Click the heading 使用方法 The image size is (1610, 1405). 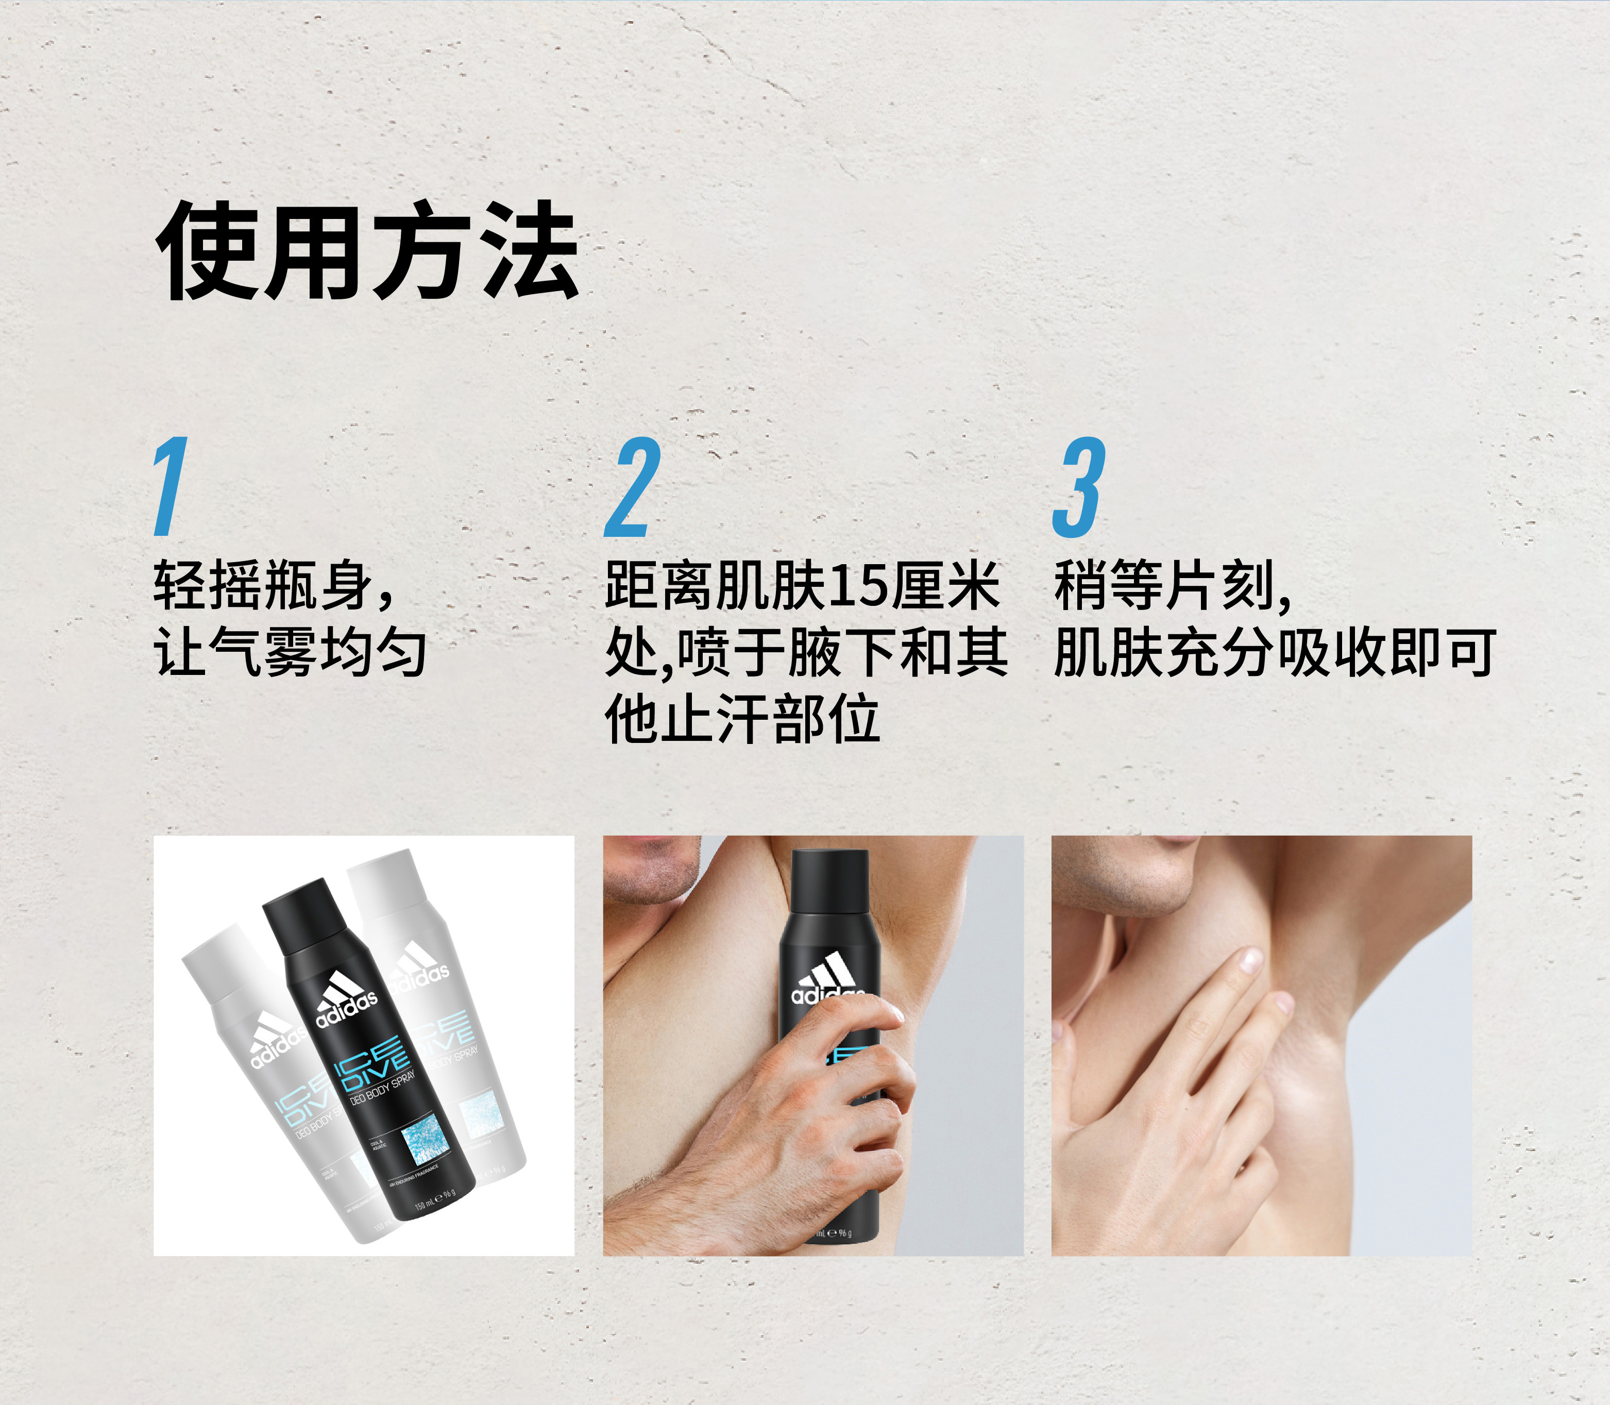(367, 251)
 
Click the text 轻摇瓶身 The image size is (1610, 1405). (263, 585)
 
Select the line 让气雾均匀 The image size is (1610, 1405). (290, 652)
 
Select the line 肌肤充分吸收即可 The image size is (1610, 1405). (1274, 652)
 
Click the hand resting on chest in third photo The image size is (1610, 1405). (1160, 1074)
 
